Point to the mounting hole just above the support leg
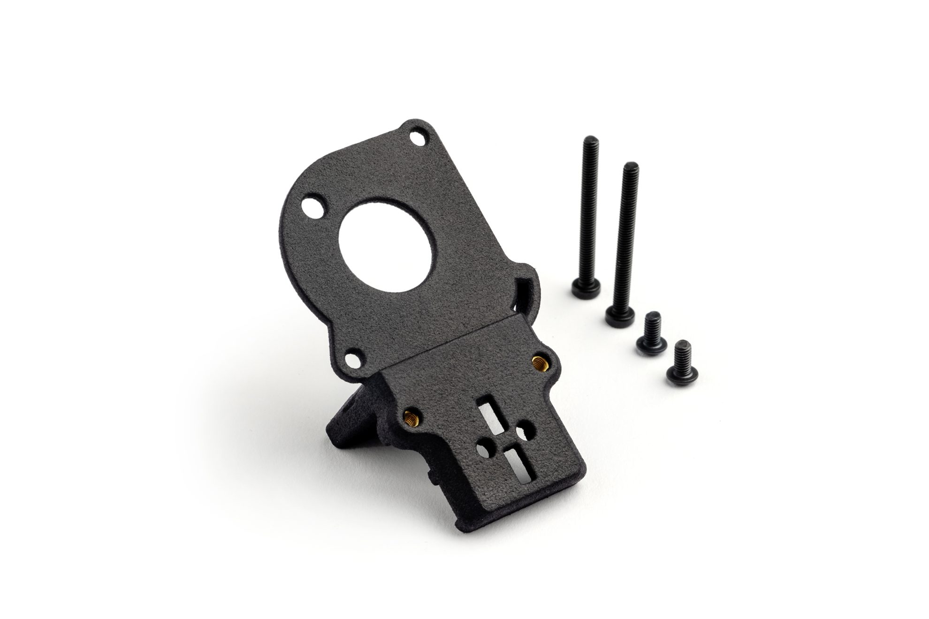pyautogui.click(x=353, y=360)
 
